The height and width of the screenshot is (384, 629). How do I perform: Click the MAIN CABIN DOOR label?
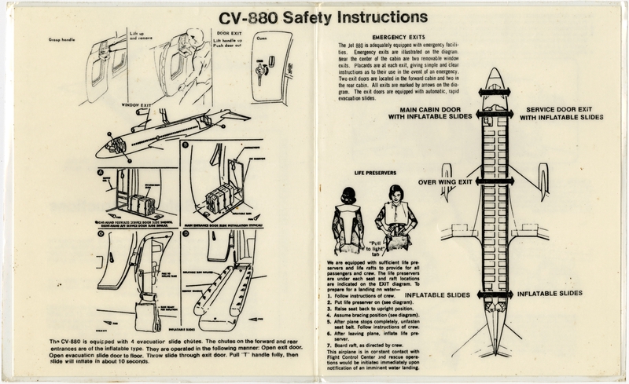click(x=429, y=112)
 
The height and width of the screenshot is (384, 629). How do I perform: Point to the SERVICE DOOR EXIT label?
click(x=564, y=112)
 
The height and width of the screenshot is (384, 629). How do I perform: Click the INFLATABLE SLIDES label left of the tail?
click(x=436, y=295)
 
